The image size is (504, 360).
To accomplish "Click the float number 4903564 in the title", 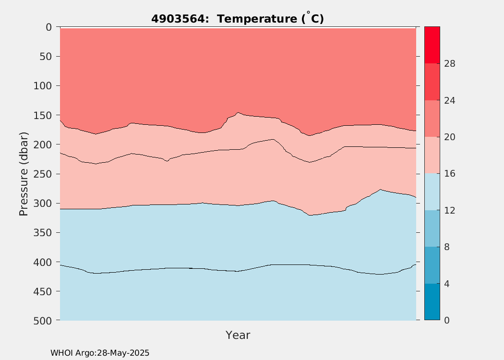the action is coord(178,19).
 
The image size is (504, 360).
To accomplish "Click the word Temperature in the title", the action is coord(257,19).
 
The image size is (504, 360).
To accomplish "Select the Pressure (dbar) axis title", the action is coord(24,174).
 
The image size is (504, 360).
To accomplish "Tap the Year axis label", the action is coord(238,335).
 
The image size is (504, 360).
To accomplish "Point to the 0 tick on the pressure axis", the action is coord(48,27).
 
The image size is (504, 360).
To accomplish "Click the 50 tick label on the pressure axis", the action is coord(45,57).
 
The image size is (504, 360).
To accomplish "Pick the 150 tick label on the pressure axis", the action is coord(42,115).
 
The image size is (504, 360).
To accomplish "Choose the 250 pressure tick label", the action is coord(42,174).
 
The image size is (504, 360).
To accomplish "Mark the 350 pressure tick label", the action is coord(42,233).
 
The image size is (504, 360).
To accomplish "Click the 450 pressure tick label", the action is coord(42,291).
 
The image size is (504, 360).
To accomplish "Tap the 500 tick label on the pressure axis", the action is coord(42,321).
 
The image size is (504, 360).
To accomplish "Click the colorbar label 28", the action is coord(450,64).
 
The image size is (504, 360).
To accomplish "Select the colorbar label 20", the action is coord(450,137).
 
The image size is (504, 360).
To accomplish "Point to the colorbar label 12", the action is coord(450,211).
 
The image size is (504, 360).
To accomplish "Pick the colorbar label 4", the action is coord(447,284).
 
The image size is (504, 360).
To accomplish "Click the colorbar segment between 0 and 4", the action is coord(432,302).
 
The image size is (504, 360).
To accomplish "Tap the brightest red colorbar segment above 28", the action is coord(432,45).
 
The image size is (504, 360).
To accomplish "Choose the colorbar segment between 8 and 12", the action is coord(432,228).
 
